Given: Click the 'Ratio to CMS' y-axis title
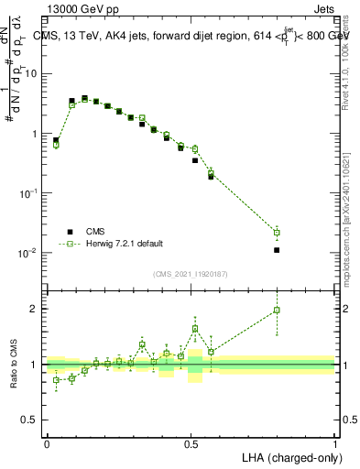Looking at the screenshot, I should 13,364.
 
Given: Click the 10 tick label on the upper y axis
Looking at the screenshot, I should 33,73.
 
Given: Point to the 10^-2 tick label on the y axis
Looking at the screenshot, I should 30,252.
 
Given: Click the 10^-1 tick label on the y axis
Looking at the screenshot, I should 30,192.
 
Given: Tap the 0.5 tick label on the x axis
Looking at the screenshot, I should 191,443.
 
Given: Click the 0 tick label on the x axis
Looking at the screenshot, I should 47,443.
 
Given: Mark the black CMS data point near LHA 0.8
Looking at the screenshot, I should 277,249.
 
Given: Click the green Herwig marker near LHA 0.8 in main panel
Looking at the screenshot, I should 277,233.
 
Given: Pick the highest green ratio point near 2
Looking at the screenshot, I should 277,311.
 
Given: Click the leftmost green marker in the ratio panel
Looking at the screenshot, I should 56,379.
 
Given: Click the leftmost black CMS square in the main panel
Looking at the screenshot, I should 56,140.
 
